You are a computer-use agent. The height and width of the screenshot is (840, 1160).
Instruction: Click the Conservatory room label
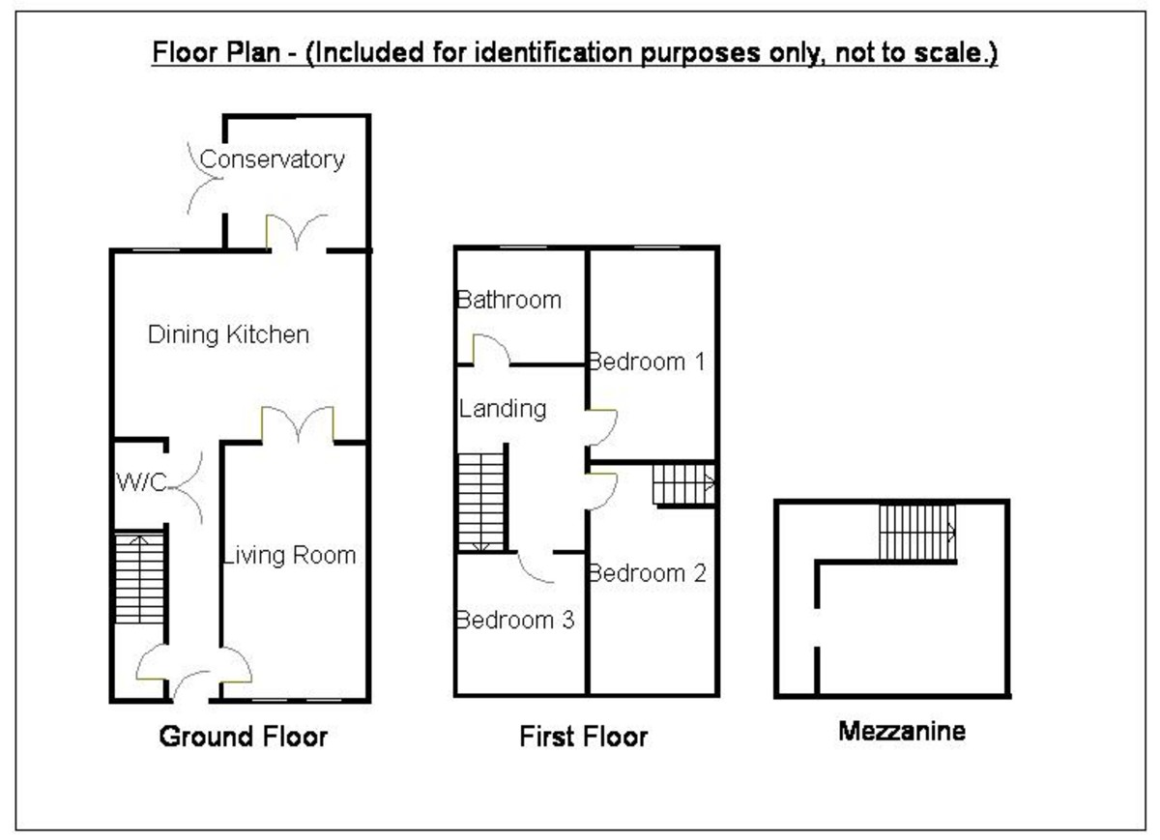tap(272, 159)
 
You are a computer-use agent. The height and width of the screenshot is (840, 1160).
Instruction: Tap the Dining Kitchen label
tap(228, 334)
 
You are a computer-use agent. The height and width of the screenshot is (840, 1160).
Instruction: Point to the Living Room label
tap(289, 555)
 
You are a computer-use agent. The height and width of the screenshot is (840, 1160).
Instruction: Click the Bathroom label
tap(508, 300)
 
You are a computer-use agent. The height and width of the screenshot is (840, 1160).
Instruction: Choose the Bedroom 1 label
tap(646, 362)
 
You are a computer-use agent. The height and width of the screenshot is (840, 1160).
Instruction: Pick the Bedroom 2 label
tap(648, 573)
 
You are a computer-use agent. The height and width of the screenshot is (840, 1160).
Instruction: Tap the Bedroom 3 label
tap(514, 620)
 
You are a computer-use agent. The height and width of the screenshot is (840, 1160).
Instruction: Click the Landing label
tap(502, 409)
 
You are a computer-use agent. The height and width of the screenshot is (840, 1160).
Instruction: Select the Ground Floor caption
tap(243, 738)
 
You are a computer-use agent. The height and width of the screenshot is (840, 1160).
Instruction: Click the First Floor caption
tap(583, 738)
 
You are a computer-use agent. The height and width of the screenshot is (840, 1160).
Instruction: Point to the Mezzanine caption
tap(901, 732)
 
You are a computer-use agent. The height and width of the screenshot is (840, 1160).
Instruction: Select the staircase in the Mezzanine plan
tap(917, 532)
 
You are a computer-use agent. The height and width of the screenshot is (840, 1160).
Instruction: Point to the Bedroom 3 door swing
tap(535, 567)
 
